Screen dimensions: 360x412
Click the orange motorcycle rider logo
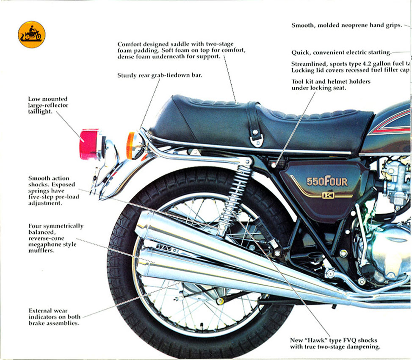[x=31, y=34]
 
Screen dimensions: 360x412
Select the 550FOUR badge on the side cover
[x=327, y=182]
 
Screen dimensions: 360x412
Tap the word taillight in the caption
[x=40, y=112]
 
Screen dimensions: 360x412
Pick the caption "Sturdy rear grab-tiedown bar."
[x=160, y=76]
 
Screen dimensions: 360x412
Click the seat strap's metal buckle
[x=256, y=138]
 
